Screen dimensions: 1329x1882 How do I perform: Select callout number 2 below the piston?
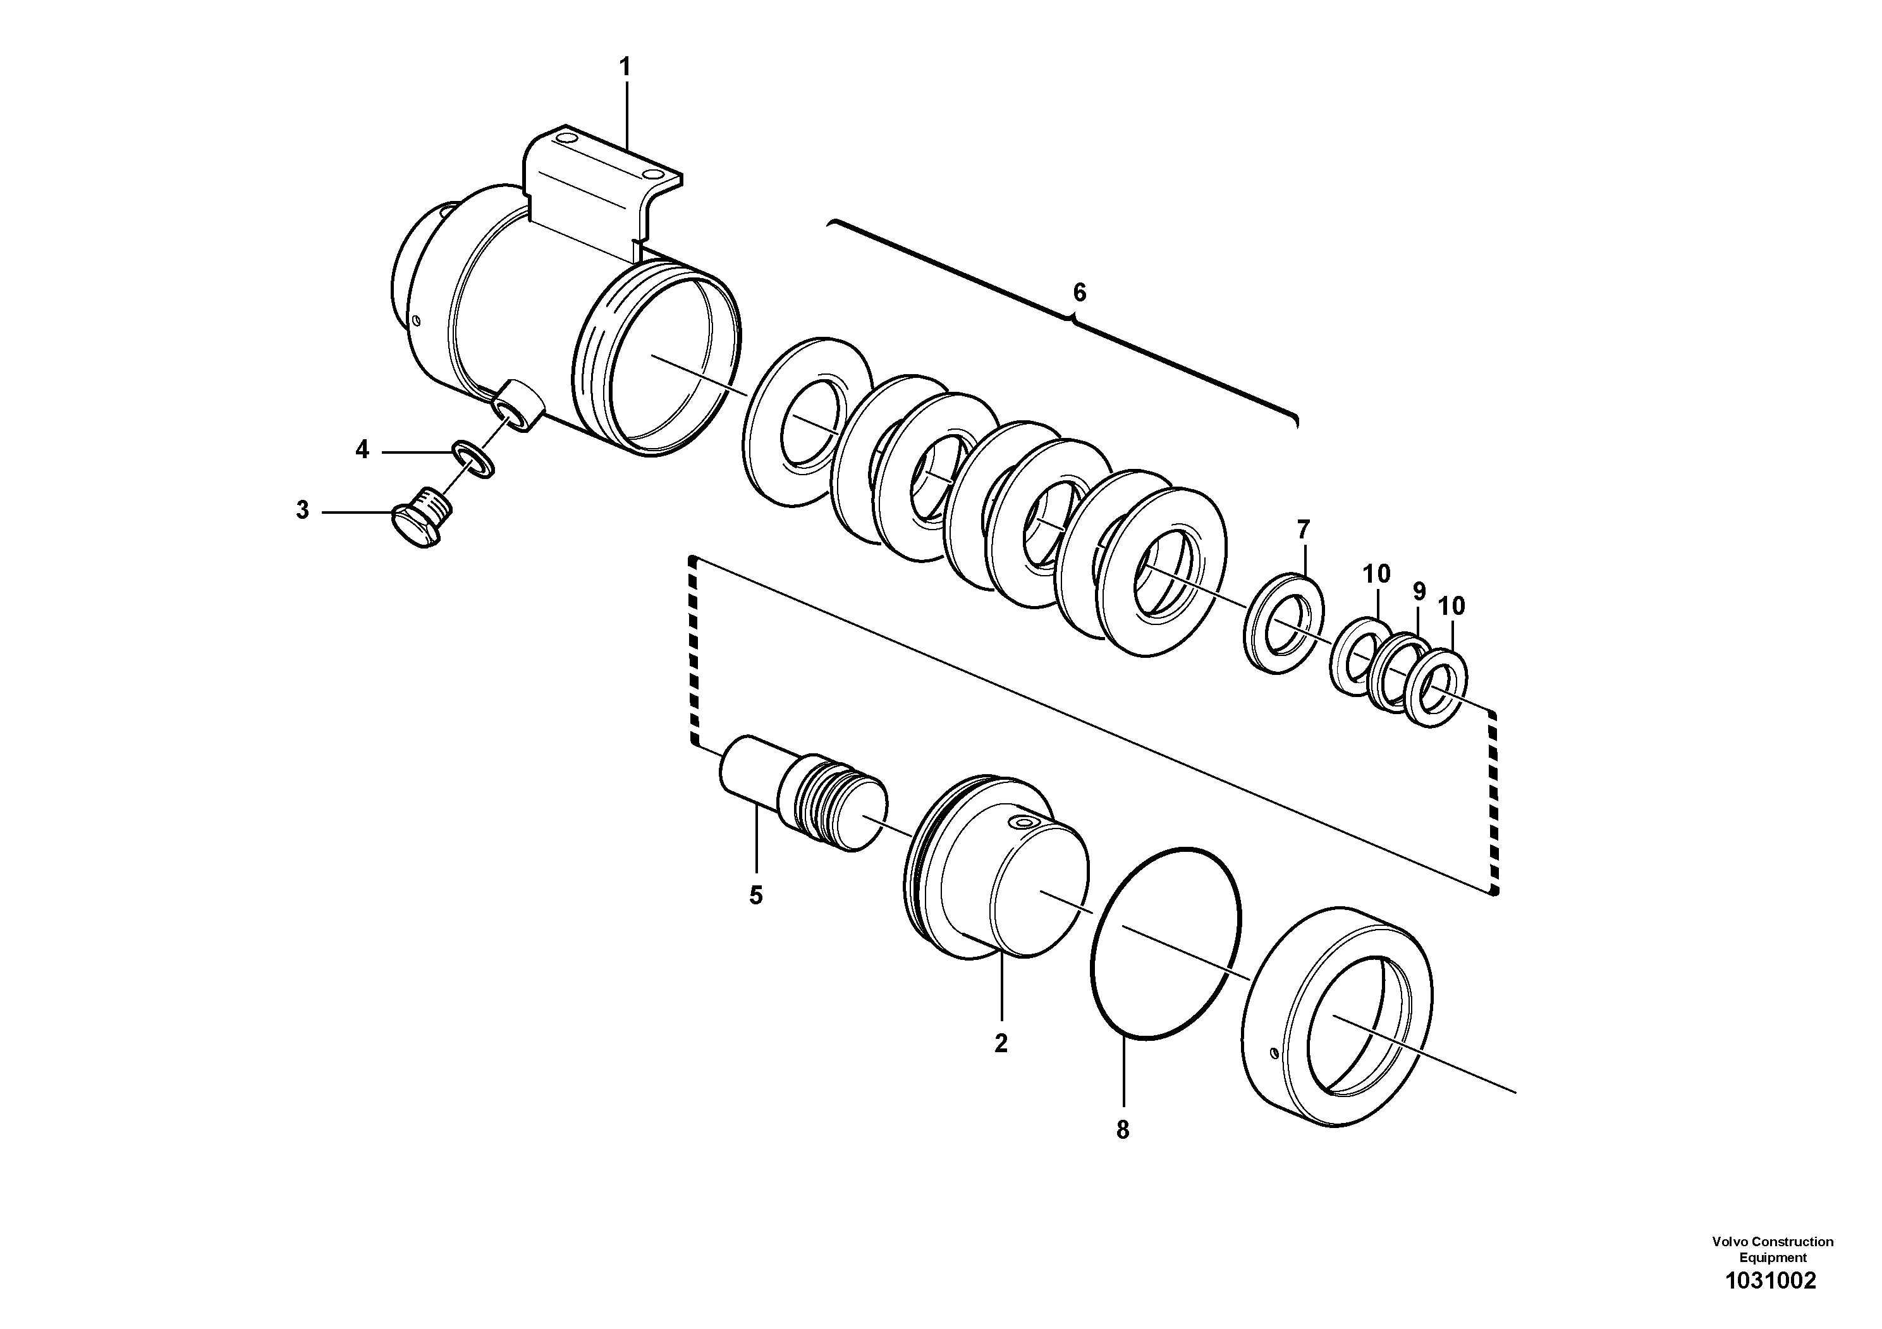(x=1000, y=1043)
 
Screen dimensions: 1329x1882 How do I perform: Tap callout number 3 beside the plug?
(x=302, y=511)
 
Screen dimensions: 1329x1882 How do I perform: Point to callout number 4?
(x=362, y=449)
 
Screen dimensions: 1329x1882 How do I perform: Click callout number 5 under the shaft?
(x=755, y=895)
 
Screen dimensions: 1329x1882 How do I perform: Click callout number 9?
(x=1419, y=591)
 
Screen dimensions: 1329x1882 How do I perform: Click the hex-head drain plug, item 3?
(x=420, y=518)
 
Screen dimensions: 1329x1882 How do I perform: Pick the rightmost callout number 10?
(x=1451, y=606)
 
